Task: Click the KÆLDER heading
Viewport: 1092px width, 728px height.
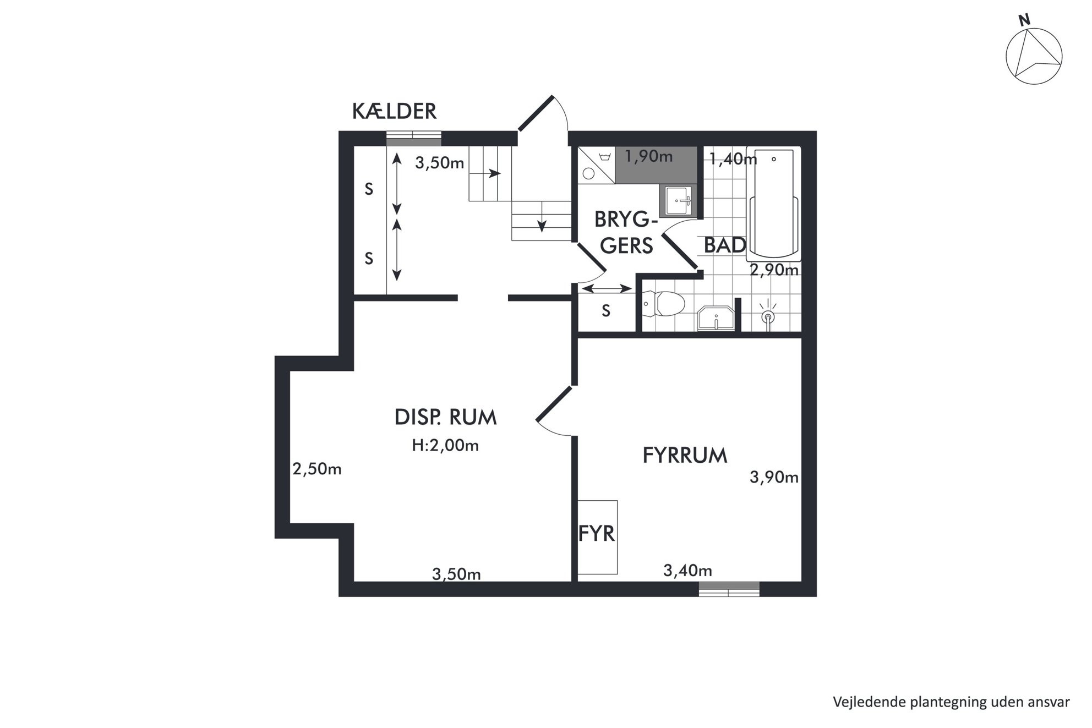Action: pos(394,112)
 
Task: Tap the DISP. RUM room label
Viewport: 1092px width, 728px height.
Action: pos(446,417)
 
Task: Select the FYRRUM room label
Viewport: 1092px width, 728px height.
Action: pos(685,456)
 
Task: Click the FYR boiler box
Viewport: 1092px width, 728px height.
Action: pos(597,537)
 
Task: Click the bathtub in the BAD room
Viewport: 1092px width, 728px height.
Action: pos(773,204)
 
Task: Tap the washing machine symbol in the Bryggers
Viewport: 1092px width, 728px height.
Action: pos(596,165)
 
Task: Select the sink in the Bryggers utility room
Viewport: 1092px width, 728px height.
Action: pos(678,201)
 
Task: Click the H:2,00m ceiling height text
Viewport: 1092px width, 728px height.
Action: pos(445,445)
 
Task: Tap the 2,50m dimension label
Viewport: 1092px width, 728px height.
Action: pos(317,469)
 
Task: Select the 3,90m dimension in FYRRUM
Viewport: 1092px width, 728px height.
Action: pos(774,477)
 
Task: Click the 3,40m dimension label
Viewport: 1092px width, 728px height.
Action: pos(687,571)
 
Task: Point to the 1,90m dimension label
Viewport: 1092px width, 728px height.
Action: pos(648,156)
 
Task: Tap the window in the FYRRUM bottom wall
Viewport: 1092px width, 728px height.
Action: pos(729,589)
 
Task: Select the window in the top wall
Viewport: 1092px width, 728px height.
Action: pos(413,139)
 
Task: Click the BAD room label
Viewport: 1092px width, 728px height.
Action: pos(725,245)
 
